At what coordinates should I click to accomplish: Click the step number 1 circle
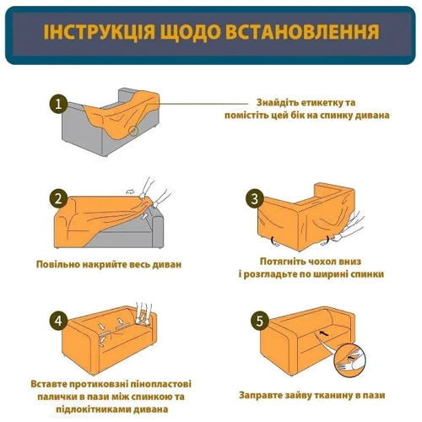click(59, 105)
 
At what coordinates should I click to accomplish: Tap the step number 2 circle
click(59, 199)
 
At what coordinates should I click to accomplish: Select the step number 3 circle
click(255, 199)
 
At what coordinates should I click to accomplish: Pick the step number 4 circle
click(59, 321)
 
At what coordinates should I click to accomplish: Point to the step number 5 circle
click(259, 321)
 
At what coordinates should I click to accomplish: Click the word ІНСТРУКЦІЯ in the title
click(99, 32)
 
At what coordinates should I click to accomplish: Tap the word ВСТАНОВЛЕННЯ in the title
click(302, 32)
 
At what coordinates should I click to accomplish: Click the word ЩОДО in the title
click(190, 33)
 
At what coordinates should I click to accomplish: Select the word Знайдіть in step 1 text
click(277, 103)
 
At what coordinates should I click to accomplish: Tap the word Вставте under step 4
click(49, 384)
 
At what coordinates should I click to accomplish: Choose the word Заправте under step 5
click(260, 395)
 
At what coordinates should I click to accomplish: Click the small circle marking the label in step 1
click(133, 131)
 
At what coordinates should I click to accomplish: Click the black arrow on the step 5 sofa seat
click(324, 333)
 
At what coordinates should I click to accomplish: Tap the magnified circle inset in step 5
click(349, 360)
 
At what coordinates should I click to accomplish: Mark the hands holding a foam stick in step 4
click(143, 314)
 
